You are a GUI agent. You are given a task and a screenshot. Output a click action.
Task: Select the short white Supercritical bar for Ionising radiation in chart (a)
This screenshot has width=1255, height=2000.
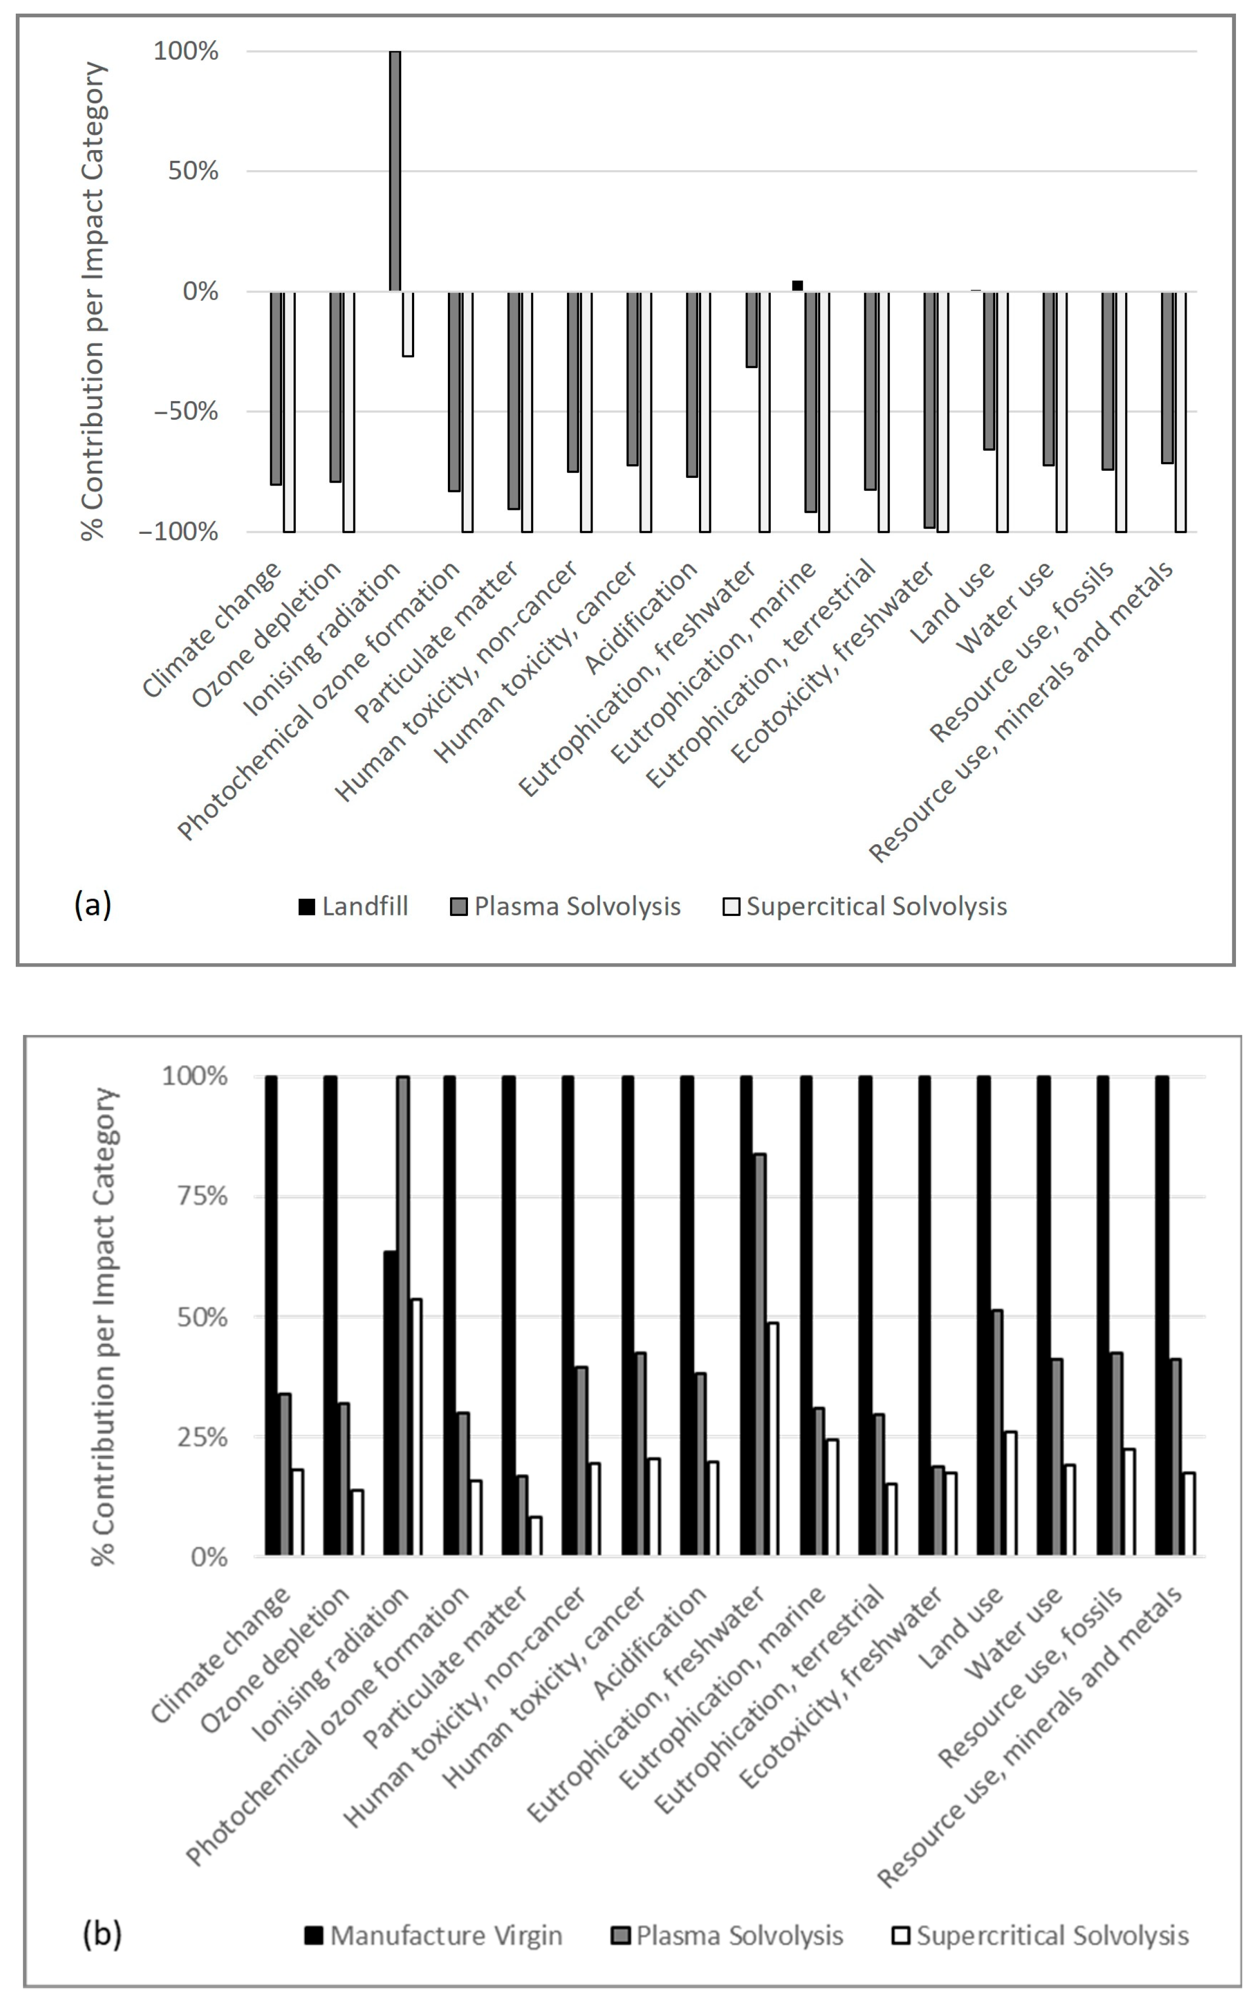(408, 324)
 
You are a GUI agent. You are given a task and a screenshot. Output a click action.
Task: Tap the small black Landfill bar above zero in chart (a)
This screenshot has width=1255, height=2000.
(798, 285)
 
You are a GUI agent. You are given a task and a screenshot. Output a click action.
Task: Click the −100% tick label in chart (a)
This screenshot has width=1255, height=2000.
(179, 532)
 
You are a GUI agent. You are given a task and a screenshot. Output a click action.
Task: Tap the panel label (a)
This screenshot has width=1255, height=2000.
(92, 904)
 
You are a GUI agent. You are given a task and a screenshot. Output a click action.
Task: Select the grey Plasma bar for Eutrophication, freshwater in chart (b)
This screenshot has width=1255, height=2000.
(759, 1354)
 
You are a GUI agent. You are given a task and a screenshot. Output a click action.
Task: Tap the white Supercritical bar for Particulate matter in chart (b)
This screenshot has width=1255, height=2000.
(535, 1535)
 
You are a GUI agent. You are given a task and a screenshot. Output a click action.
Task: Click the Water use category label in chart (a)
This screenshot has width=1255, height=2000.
(1006, 606)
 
